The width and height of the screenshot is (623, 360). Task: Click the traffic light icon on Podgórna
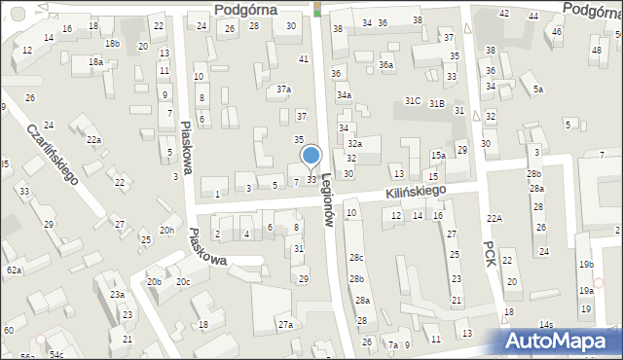coord(317,9)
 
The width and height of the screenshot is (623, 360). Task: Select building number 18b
coord(113,44)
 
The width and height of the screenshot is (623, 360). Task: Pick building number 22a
coord(93,140)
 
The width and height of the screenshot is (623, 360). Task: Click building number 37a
coord(283,90)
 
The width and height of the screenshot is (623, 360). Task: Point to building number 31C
coord(413,101)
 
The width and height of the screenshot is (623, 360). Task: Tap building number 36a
coord(386,65)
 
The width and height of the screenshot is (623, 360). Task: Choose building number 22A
coord(495,218)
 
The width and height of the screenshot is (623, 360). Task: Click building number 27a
coord(285,324)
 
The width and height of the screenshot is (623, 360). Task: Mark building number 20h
coord(167,230)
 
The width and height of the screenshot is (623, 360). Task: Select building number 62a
coord(14,270)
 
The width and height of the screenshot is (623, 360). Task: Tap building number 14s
coord(547,325)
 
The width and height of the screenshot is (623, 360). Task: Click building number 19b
coord(585,265)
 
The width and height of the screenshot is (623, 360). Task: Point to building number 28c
coord(357,258)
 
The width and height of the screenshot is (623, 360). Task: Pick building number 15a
coord(439,156)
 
